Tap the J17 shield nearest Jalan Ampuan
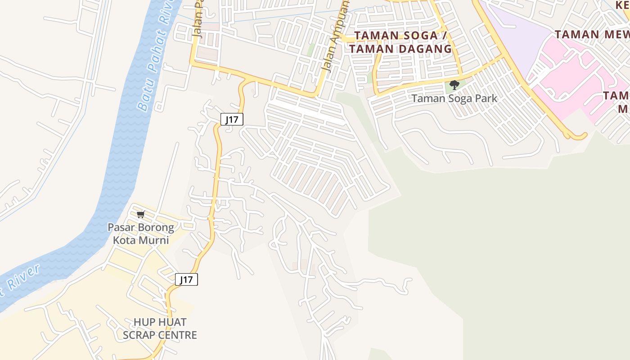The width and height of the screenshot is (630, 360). point(232,119)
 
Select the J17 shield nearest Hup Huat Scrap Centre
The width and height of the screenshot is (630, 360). point(186,279)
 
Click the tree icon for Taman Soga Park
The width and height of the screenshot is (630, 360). point(454,85)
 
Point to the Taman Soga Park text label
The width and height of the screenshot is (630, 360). point(454,98)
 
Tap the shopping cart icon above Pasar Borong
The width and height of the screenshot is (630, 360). point(141,214)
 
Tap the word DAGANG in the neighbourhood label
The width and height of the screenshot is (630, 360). point(425,49)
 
